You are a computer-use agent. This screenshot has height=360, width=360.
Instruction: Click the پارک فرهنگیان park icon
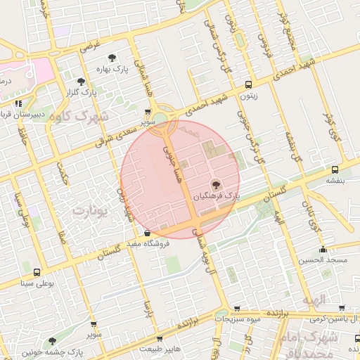215,185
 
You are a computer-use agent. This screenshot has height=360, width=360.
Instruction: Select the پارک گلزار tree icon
82,82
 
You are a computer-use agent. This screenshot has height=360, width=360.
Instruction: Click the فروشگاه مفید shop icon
147,233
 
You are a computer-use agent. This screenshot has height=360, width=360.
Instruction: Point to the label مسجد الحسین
323,261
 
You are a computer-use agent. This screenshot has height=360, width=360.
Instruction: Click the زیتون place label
248,98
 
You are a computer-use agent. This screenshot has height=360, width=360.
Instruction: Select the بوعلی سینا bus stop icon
37,272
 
